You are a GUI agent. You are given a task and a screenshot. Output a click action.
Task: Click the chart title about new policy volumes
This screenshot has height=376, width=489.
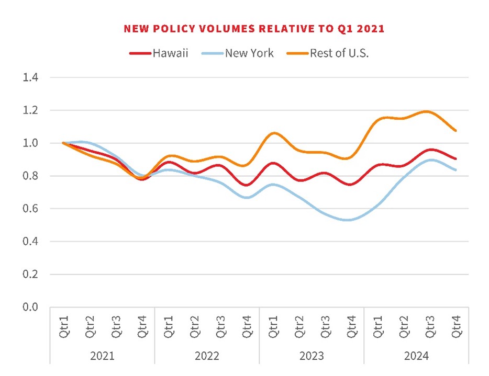(254, 29)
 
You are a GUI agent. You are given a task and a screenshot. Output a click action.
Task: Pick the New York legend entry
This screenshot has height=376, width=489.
(249, 53)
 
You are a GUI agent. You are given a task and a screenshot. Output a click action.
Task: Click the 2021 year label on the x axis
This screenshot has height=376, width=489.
(102, 356)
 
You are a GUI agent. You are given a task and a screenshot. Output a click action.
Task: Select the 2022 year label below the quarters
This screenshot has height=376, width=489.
(207, 356)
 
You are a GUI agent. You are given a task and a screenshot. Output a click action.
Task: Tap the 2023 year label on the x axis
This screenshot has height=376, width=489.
(312, 356)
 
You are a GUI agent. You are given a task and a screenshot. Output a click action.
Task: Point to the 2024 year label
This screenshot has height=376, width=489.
(416, 356)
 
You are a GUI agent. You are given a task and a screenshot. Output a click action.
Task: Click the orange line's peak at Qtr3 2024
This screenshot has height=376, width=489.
(429, 111)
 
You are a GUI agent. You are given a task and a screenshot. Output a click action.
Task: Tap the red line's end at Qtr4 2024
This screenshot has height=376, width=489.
(455, 158)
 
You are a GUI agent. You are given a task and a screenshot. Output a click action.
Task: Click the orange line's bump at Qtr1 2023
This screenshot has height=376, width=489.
(273, 133)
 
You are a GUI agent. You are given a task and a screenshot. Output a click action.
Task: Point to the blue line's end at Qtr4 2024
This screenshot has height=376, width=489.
(455, 170)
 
